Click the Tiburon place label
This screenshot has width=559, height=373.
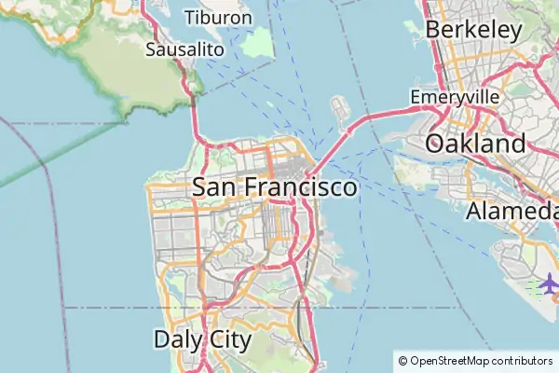(218, 18)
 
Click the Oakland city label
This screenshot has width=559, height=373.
(475, 144)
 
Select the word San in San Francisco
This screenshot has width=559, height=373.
(213, 187)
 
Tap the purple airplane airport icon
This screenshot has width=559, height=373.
(548, 283)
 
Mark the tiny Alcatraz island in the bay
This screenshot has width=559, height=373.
(268, 104)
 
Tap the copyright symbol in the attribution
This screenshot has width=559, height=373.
(402, 360)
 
